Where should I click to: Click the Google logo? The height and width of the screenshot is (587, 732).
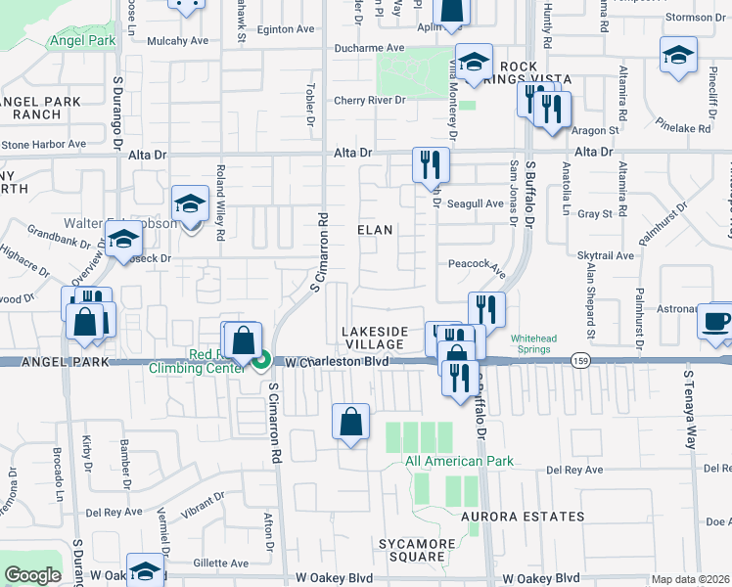click(32, 575)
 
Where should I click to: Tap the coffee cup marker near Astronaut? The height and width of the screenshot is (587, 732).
click(714, 322)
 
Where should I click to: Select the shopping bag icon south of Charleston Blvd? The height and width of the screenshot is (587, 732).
click(350, 423)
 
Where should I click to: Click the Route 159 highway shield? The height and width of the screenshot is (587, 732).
click(581, 360)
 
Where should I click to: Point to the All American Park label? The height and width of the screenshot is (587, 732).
click(445, 461)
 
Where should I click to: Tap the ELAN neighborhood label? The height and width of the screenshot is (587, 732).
click(375, 230)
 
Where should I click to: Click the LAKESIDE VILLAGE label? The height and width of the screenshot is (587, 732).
click(374, 339)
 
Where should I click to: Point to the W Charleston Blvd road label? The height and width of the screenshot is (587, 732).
click(338, 362)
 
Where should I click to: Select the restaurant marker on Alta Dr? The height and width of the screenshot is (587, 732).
click(430, 163)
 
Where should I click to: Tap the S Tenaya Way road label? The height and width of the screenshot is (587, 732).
click(691, 409)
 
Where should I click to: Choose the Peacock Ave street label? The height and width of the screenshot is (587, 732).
click(477, 264)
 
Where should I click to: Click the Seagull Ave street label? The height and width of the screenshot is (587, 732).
click(475, 203)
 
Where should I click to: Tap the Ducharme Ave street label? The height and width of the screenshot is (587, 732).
click(369, 47)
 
